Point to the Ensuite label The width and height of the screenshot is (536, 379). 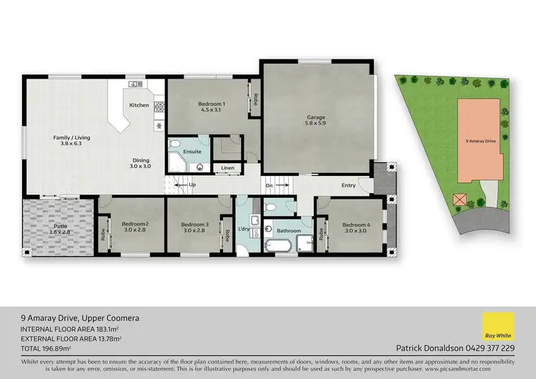[192, 152]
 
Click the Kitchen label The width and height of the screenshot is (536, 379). [139, 105]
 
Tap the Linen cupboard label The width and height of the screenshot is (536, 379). [227, 168]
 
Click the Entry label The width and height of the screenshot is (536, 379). [348, 185]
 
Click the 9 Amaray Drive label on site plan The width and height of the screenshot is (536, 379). [480, 142]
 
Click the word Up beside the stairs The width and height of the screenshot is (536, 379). [192, 184]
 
